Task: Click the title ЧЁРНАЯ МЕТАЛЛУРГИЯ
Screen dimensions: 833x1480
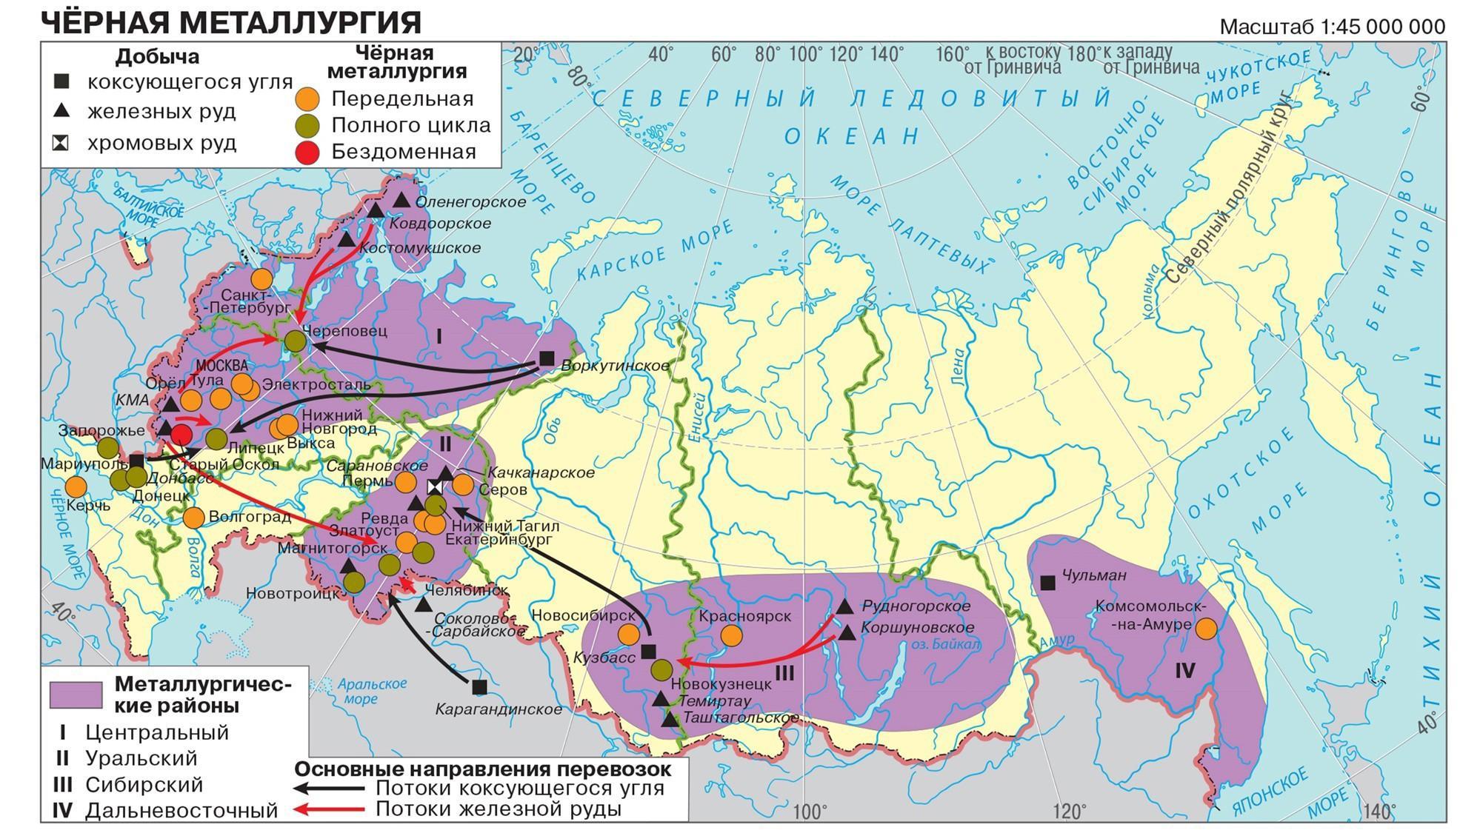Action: pos(230,21)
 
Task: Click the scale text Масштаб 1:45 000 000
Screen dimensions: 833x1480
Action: pos(1331,27)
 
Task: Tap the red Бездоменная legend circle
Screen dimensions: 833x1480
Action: pos(307,152)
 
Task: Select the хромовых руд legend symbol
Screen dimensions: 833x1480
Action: pos(60,143)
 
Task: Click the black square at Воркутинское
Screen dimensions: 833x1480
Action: pos(547,358)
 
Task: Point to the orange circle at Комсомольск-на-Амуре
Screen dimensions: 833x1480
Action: pos(1206,629)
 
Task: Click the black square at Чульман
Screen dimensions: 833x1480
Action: pos(1047,583)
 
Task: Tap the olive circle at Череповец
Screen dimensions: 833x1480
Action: pos(295,341)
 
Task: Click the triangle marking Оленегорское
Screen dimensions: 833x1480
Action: pos(401,201)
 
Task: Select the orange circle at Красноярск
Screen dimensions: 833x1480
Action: pos(731,635)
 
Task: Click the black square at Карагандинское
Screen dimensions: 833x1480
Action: pos(479,687)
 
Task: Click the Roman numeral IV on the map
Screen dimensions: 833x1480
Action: pos(1185,671)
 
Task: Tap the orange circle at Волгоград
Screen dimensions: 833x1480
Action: pos(193,518)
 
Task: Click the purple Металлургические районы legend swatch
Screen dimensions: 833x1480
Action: pos(76,695)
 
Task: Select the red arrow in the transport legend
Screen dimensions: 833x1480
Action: pos(330,809)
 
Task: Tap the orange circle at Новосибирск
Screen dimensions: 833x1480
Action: pos(628,634)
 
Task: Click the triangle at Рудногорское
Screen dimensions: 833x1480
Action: pos(845,606)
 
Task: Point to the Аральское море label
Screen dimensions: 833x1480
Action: pos(370,691)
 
